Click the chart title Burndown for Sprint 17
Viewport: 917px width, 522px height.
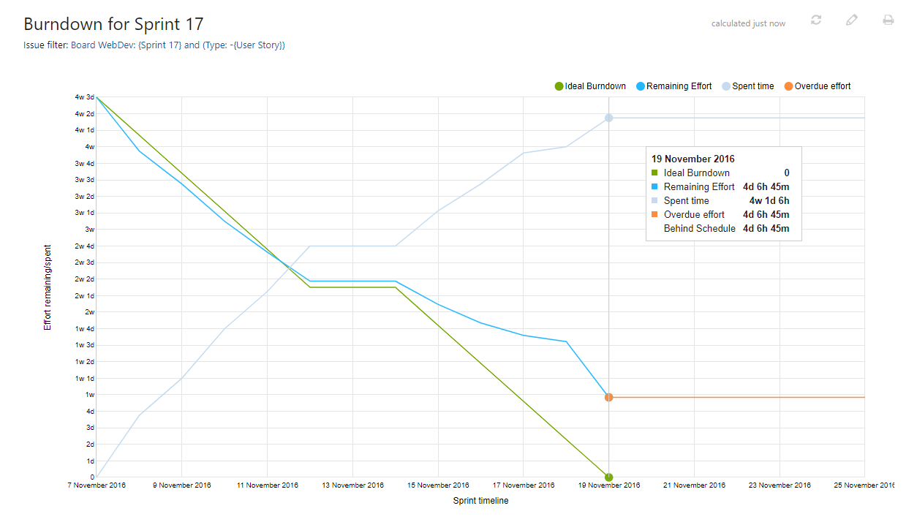pos(113,23)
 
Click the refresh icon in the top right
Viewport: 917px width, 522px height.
pos(816,20)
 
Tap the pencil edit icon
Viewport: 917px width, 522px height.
pos(851,20)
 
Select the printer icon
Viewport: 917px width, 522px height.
pos(888,20)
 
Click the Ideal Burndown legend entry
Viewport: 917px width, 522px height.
pos(591,86)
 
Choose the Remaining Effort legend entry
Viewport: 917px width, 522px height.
pos(673,86)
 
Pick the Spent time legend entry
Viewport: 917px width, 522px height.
pos(747,86)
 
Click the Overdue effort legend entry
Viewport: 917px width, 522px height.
pos(817,86)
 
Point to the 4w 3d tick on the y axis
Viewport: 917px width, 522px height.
pos(84,97)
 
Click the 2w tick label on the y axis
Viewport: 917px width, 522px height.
pos(89,312)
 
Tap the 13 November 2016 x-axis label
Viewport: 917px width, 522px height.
pos(353,485)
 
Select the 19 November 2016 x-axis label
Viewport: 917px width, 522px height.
pos(609,485)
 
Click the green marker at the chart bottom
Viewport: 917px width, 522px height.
pos(608,477)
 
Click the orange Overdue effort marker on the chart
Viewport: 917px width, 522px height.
pos(608,397)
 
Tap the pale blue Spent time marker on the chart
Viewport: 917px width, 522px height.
pos(608,118)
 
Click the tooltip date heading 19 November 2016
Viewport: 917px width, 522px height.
pos(693,159)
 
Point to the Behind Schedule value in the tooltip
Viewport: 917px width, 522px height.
pos(766,229)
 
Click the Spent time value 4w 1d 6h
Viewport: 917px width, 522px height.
pos(769,201)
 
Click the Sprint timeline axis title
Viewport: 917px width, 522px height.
pos(480,501)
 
